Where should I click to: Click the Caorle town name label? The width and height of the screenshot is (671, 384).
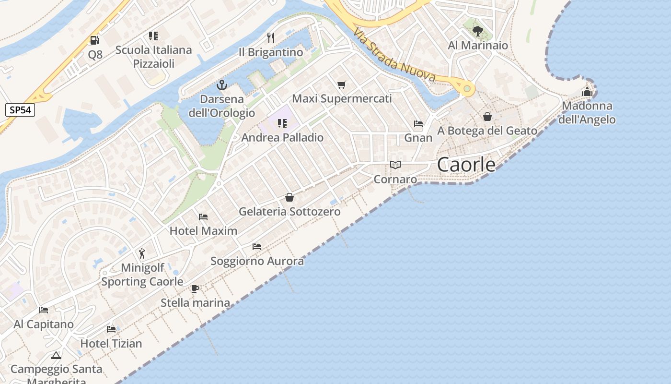coord(466,165)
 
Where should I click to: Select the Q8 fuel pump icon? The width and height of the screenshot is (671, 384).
coord(95,41)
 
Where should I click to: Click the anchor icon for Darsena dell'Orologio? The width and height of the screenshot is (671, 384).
coord(221,85)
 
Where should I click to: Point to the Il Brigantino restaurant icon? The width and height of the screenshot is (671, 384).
coord(271,38)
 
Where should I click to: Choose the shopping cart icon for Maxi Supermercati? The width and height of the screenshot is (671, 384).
coord(342,85)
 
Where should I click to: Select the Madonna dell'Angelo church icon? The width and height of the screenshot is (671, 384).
coord(587,92)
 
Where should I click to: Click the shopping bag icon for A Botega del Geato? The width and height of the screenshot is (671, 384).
coord(487,117)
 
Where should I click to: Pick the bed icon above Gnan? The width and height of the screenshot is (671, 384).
coord(418,124)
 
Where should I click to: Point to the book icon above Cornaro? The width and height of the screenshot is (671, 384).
coord(395,165)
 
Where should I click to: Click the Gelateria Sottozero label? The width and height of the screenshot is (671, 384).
coord(289,212)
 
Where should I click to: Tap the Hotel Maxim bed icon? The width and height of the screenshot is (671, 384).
coord(203,217)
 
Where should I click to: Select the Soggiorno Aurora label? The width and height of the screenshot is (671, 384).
coord(257,261)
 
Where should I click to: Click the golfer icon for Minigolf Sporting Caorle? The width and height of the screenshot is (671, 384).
coord(142,253)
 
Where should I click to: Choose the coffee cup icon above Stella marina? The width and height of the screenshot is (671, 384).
coord(195,288)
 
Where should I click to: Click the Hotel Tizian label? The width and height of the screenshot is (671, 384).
coord(111,344)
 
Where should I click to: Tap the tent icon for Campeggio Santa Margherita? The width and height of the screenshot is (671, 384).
coord(56,356)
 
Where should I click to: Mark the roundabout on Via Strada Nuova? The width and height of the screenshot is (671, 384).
coord(466,89)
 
